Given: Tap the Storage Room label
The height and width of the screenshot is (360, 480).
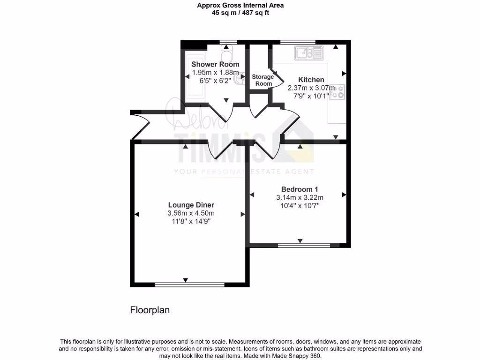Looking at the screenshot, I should coord(262,80).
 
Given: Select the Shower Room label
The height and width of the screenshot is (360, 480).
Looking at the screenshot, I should coord(215,64).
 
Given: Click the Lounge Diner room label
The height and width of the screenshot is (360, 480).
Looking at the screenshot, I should coord(191,205).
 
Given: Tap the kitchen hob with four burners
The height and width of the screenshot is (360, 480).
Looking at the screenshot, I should coord(337,92).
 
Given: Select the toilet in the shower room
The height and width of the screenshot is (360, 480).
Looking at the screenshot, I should coord(227,51).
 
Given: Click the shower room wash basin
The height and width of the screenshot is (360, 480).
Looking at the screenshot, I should coord(240,79).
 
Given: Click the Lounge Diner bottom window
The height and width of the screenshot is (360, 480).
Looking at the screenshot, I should coord(186,284).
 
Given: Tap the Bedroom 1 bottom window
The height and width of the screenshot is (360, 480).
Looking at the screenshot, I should coord(304,245).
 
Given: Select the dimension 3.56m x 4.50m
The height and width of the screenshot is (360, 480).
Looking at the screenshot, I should coord(191,213).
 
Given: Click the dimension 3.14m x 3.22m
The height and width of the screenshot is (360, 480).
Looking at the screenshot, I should coord(300,197).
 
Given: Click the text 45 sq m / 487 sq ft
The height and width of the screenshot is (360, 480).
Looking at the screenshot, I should coord(240,13).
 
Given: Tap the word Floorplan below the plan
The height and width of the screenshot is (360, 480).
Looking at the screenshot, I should coord(149,310).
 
